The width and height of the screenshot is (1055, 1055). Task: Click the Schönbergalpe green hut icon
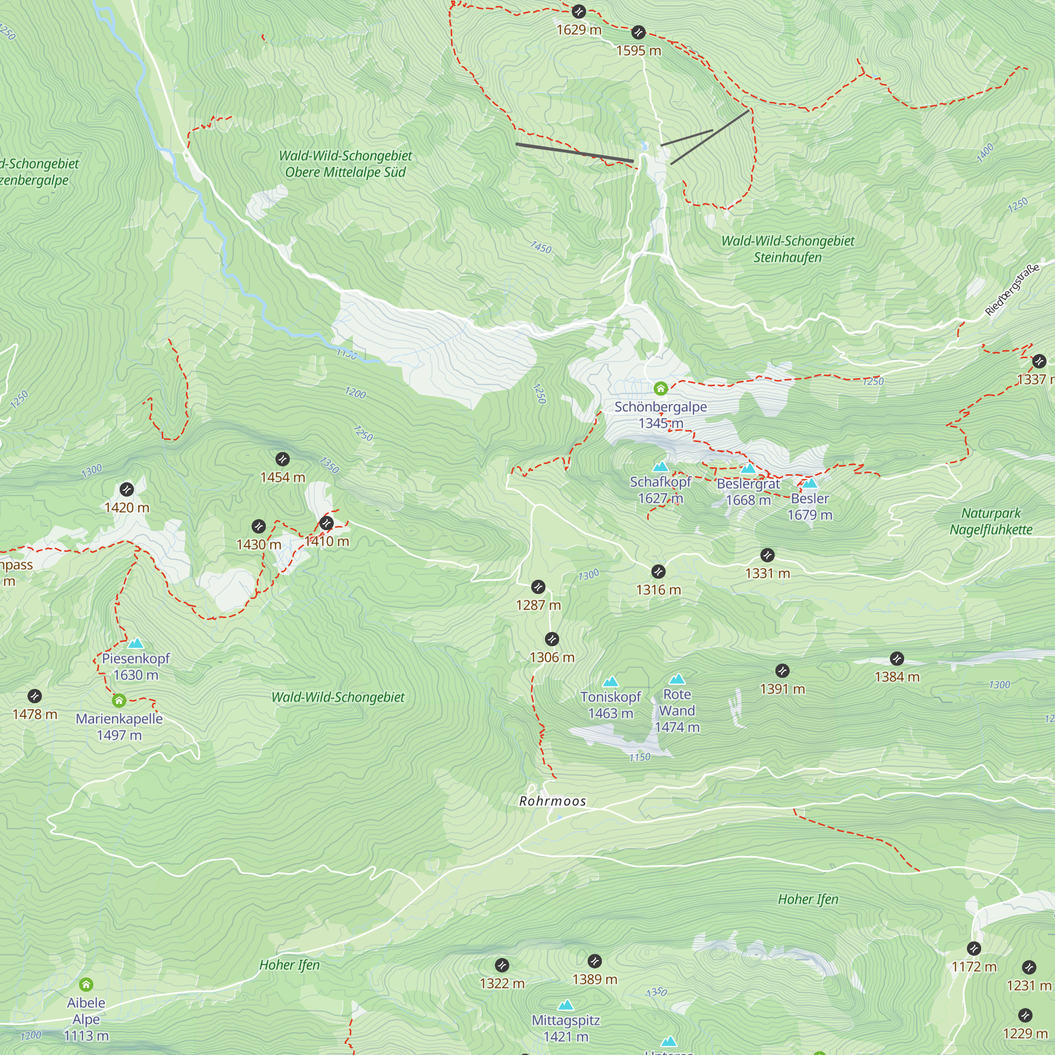pyautogui.click(x=661, y=388)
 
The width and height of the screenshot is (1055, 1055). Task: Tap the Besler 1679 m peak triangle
pyautogui.click(x=810, y=483)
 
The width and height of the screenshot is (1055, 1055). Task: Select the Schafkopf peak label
pyautogui.click(x=660, y=490)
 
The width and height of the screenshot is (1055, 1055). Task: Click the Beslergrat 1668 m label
pyautogui.click(x=748, y=492)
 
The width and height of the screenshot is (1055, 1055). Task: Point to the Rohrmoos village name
pyautogui.click(x=552, y=801)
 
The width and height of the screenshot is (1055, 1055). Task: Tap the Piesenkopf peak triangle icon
pyautogui.click(x=136, y=643)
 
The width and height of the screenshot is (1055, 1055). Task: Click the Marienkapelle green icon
pyautogui.click(x=119, y=701)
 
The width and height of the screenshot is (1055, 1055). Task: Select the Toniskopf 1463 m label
pyautogui.click(x=610, y=705)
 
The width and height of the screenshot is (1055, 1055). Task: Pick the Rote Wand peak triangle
pyautogui.click(x=677, y=679)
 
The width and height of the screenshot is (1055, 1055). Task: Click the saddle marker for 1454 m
pyautogui.click(x=282, y=459)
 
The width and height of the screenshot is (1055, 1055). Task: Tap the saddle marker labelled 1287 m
pyautogui.click(x=538, y=587)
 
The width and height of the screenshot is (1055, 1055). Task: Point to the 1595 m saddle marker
pyautogui.click(x=638, y=32)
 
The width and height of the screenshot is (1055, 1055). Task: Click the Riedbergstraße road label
pyautogui.click(x=1011, y=290)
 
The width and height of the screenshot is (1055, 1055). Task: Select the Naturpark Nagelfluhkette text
pyautogui.click(x=991, y=521)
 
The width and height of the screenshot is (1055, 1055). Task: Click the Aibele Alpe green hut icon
pyautogui.click(x=86, y=984)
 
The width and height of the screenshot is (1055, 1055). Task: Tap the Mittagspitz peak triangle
pyautogui.click(x=565, y=1005)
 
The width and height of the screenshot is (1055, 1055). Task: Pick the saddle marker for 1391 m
pyautogui.click(x=782, y=670)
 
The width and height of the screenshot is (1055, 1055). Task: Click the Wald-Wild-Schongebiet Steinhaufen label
pyautogui.click(x=788, y=249)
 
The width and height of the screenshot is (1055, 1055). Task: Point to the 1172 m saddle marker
pyautogui.click(x=974, y=948)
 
